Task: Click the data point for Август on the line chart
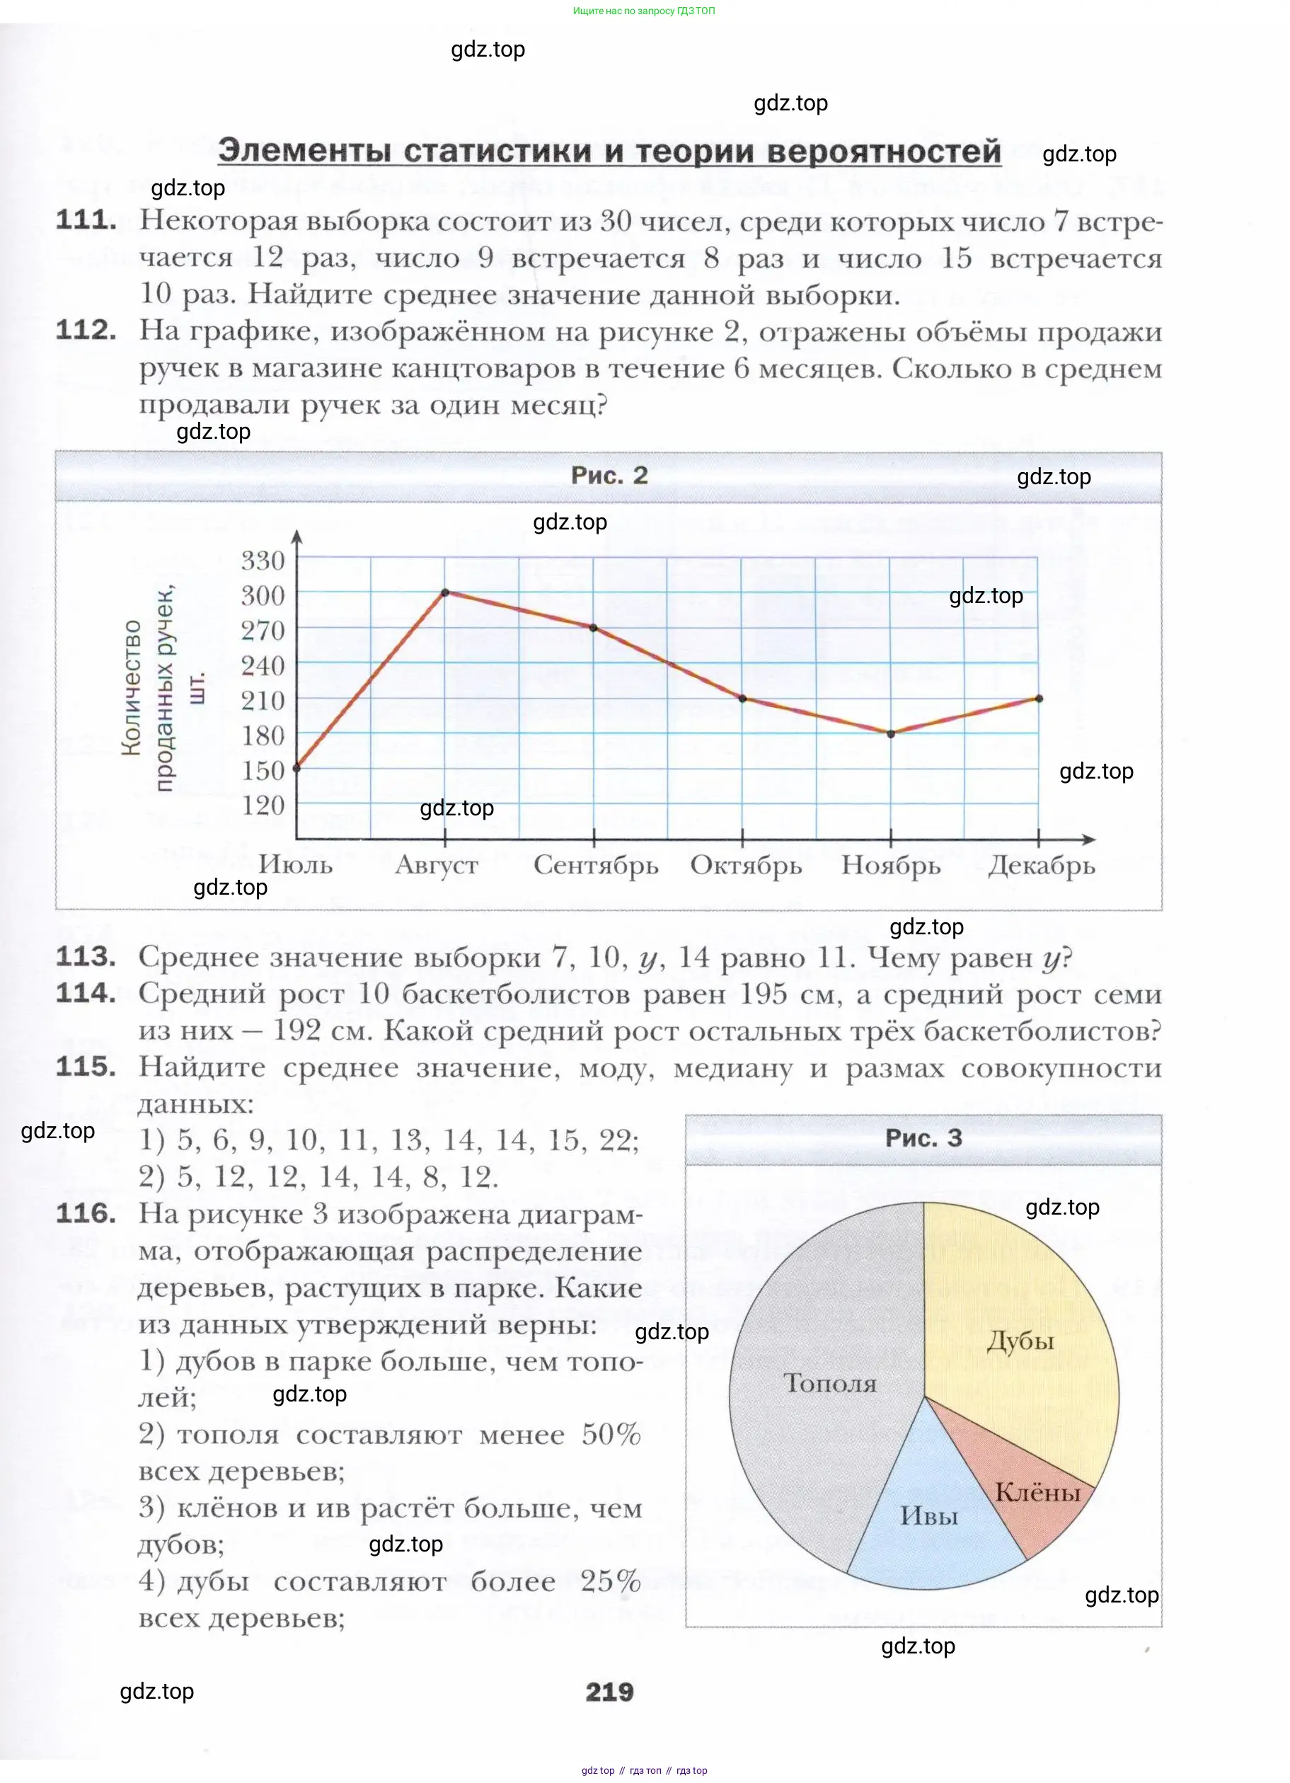tap(445, 592)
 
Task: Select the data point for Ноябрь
tap(891, 733)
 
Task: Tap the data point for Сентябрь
tap(594, 627)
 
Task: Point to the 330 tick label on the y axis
tap(263, 561)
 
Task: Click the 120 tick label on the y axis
tap(263, 805)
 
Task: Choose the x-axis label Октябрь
tap(745, 865)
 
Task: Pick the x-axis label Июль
tap(296, 865)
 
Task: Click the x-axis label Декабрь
tap(1041, 865)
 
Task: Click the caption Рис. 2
tap(609, 475)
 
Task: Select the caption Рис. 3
tap(923, 1137)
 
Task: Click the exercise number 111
tap(86, 220)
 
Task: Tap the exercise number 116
tap(86, 1213)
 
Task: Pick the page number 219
tap(609, 1691)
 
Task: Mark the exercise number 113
tap(86, 957)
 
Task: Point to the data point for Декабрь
tap(1040, 698)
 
